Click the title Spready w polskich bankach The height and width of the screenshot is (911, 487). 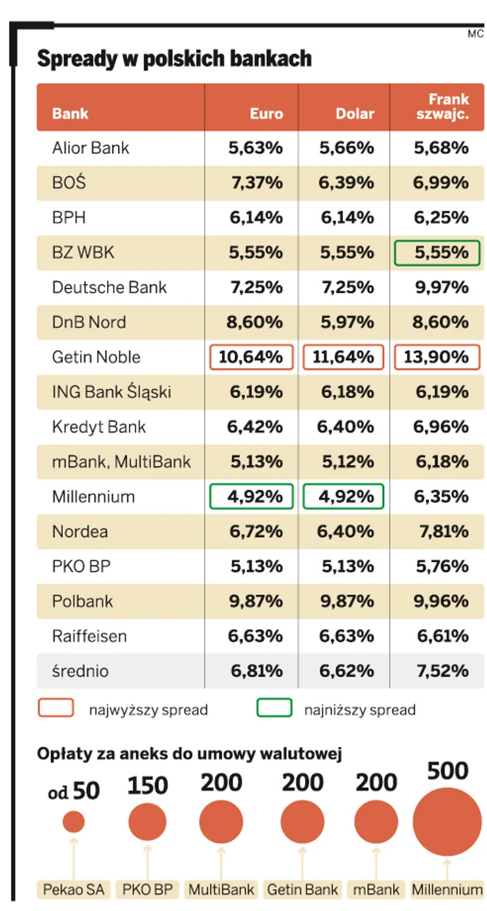click(174, 59)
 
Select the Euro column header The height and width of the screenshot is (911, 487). click(267, 114)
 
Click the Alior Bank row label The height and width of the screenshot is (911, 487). click(91, 148)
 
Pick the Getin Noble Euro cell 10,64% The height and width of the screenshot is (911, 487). click(251, 357)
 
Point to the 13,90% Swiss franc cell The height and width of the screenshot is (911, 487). click(437, 357)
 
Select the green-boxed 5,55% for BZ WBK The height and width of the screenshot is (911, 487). click(437, 252)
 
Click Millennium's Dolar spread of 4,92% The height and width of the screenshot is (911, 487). click(343, 497)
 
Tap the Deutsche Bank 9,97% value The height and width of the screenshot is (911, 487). click(441, 287)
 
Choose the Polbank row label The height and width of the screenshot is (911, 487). click(83, 602)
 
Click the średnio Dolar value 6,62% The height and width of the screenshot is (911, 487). click(347, 671)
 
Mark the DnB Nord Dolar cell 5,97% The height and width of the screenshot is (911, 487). click(347, 322)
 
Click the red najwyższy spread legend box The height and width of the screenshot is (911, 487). click(56, 708)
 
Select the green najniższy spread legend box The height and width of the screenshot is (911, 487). click(274, 708)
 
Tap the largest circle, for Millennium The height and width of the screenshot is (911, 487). click(447, 821)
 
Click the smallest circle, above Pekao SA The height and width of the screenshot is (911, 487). click(74, 822)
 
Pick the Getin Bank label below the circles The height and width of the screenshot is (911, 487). click(302, 890)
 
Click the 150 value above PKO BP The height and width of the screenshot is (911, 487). click(148, 786)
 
